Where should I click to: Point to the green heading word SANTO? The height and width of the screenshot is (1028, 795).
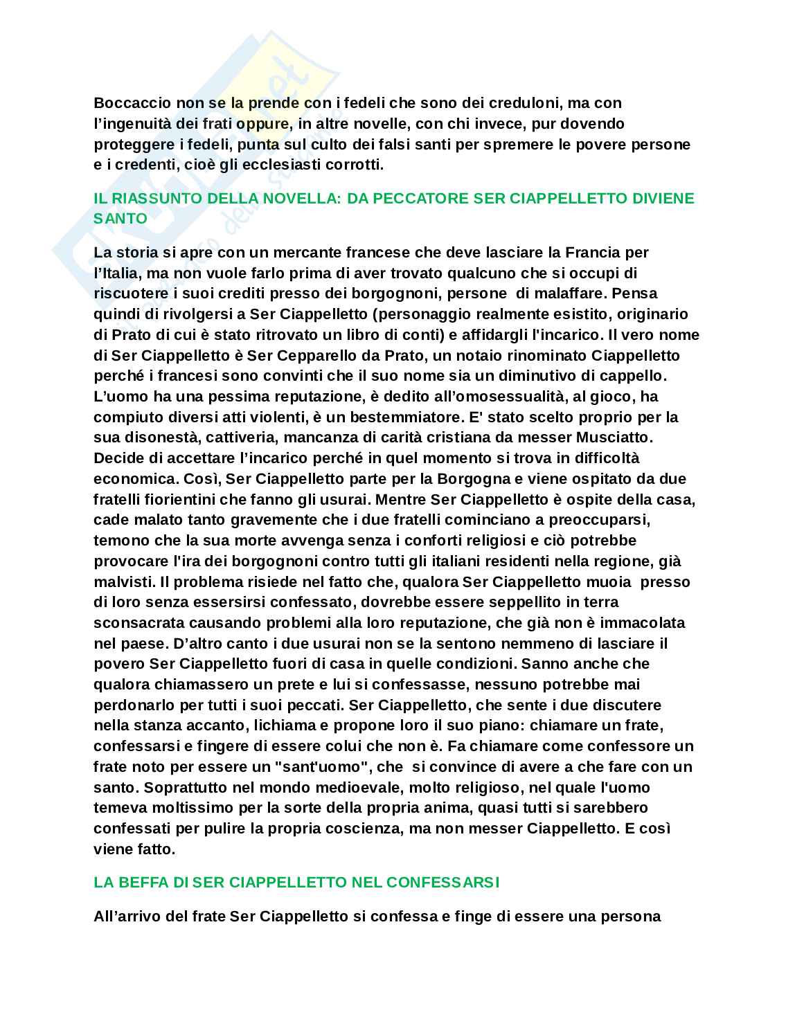[x=120, y=218]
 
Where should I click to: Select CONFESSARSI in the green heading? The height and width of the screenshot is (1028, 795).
[x=443, y=883]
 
